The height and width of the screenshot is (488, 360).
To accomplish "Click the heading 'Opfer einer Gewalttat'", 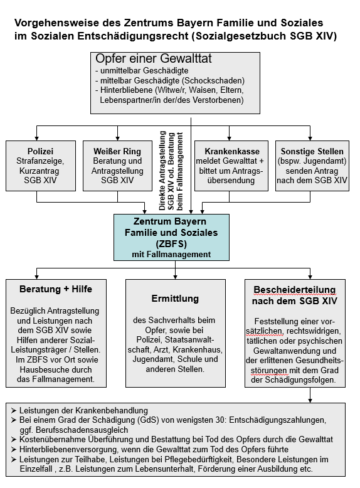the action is pyautogui.click(x=154, y=59).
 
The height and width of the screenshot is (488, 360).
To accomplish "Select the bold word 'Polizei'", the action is pyautogui.click(x=40, y=151).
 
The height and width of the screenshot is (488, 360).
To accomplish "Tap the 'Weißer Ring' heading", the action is pyautogui.click(x=117, y=151).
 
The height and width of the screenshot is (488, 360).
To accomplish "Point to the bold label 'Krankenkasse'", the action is pyautogui.click(x=232, y=151).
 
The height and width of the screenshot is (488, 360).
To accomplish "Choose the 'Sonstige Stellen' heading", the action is pyautogui.click(x=312, y=151).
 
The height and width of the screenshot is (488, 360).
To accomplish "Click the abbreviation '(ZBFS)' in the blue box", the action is pyautogui.click(x=171, y=243).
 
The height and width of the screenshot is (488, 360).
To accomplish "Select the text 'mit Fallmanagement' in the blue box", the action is pyautogui.click(x=171, y=254).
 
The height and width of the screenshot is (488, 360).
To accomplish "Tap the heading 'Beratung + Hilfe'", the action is pyautogui.click(x=56, y=289).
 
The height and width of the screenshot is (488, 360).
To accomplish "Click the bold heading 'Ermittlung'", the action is pyautogui.click(x=175, y=299).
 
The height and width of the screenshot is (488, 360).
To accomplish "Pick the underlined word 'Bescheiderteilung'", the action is pyautogui.click(x=295, y=290).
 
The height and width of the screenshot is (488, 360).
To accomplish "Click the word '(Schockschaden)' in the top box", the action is pyautogui.click(x=213, y=81).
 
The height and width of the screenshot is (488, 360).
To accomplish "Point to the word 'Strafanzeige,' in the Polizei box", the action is pyautogui.click(x=40, y=161).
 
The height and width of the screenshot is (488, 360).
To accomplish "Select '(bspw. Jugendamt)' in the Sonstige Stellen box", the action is pyautogui.click(x=312, y=161).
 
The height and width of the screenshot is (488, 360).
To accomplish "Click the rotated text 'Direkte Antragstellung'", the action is pyautogui.click(x=162, y=171).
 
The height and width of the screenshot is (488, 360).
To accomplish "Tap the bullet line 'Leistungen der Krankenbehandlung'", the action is pyautogui.click(x=83, y=410).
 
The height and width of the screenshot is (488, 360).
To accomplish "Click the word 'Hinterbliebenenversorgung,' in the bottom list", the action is pyautogui.click(x=68, y=449).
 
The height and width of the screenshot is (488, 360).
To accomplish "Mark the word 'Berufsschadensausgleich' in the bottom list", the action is pyautogui.click(x=82, y=430).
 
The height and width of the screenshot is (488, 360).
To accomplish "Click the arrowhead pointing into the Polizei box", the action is pyautogui.click(x=37, y=138).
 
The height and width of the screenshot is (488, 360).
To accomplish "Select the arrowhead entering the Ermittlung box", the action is pyautogui.click(x=175, y=277).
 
